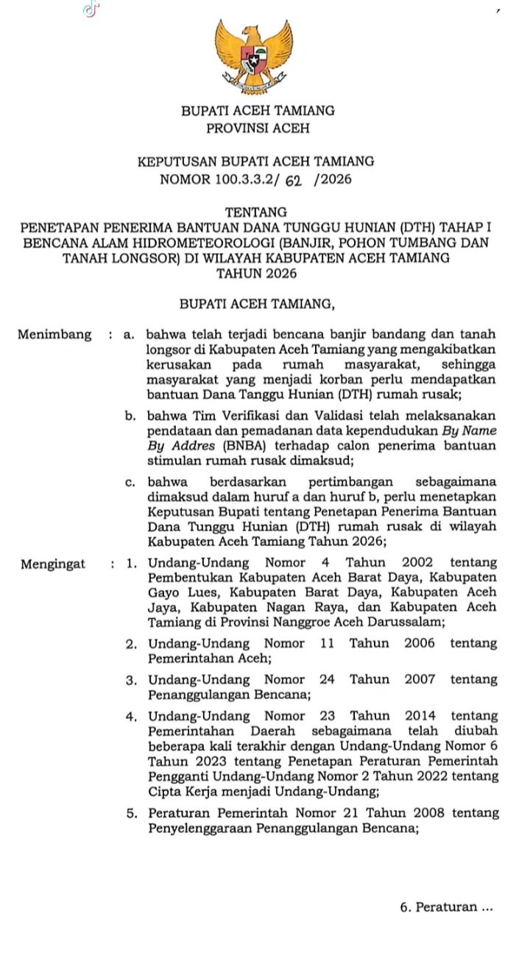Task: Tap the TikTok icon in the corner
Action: click(x=91, y=9)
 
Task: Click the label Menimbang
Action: click(x=55, y=335)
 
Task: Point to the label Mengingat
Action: click(x=53, y=564)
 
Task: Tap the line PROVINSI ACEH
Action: click(x=258, y=129)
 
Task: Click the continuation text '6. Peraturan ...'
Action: click(x=446, y=907)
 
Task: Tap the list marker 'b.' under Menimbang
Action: click(x=130, y=416)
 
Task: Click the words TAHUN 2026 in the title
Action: click(x=257, y=274)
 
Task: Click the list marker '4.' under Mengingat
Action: click(x=131, y=715)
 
